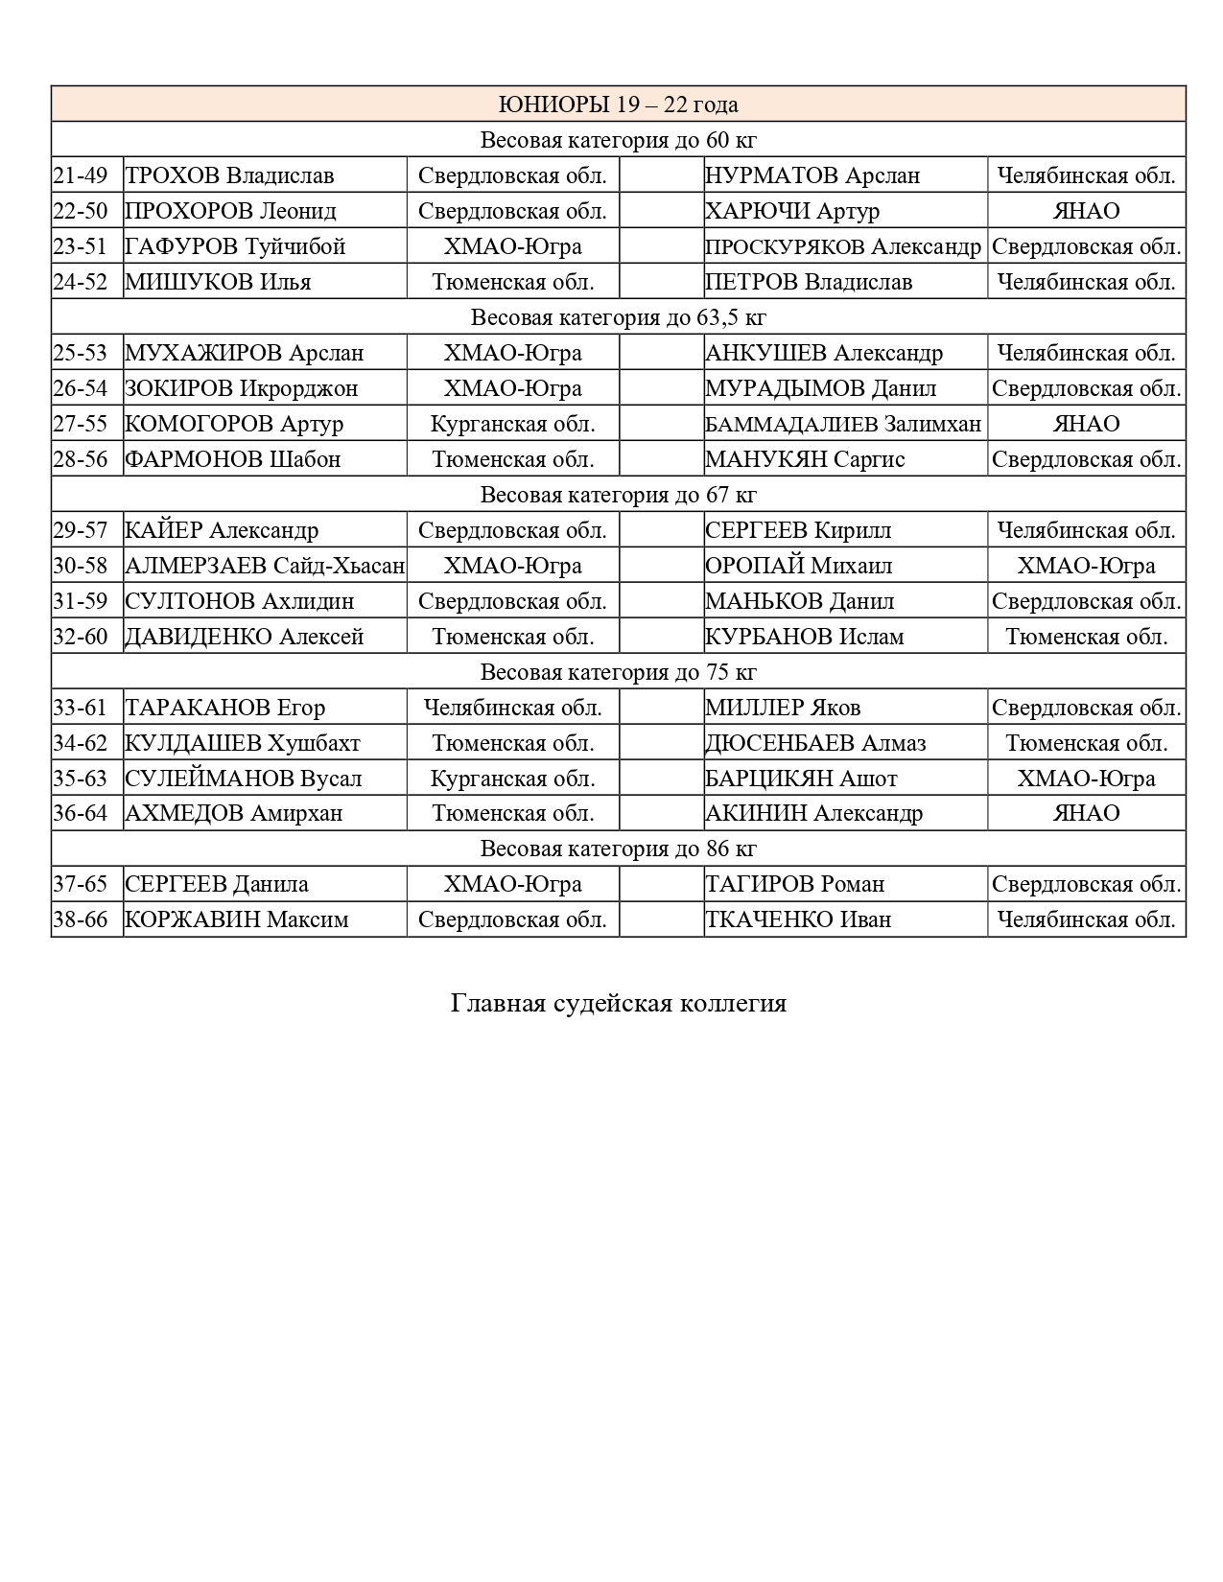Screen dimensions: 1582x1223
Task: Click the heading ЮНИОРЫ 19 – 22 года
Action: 619,105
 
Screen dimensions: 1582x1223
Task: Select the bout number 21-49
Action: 81,175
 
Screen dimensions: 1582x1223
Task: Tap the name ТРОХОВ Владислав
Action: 230,175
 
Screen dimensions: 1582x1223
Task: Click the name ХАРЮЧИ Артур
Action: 792,211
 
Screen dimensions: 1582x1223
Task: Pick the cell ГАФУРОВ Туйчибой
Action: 235,246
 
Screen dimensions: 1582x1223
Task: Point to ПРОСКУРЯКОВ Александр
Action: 843,246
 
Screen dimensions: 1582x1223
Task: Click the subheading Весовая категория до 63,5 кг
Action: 619,317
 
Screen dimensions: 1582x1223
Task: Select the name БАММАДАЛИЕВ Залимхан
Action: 843,424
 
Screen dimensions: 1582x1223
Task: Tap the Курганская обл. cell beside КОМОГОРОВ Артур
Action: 513,424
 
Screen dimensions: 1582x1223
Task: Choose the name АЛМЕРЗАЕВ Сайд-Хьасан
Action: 265,566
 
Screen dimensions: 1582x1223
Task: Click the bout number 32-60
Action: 81,637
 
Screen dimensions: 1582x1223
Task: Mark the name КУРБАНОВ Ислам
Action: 805,637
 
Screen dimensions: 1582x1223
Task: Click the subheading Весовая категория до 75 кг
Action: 619,672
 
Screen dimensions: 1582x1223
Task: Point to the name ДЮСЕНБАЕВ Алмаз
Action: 815,743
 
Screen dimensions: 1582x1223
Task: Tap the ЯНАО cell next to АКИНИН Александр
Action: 1087,814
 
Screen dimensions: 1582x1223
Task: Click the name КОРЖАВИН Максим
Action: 237,920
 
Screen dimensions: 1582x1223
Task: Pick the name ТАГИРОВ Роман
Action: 794,885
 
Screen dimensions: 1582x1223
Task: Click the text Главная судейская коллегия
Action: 619,1004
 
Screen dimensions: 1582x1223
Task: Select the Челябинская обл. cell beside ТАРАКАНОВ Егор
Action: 513,708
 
